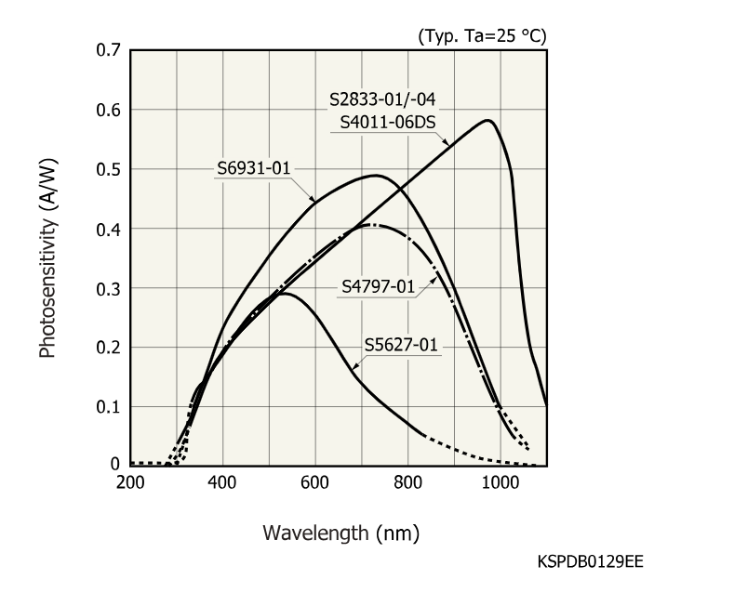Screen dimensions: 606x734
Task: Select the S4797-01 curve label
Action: coord(378,286)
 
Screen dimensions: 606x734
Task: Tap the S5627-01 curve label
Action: coord(401,346)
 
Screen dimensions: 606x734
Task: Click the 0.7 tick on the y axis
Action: coord(108,50)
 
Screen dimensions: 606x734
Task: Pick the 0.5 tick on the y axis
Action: coord(108,169)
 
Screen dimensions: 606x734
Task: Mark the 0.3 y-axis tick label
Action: coord(108,288)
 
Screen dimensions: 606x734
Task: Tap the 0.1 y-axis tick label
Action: coord(108,407)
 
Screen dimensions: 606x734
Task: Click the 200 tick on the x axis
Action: coord(130,482)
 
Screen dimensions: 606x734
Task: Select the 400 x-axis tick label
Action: coord(222,482)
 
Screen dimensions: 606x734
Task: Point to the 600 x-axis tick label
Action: coord(315,482)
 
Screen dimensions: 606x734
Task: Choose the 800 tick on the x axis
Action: coord(407,482)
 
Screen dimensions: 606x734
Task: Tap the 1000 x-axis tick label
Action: coord(500,482)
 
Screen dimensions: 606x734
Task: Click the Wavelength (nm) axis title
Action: coord(340,534)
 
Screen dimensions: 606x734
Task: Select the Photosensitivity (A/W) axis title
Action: coord(48,257)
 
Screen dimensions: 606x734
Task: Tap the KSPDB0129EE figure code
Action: coord(590,562)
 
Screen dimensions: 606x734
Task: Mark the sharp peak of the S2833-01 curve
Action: coord(487,120)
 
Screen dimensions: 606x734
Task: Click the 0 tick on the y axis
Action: coord(115,465)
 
